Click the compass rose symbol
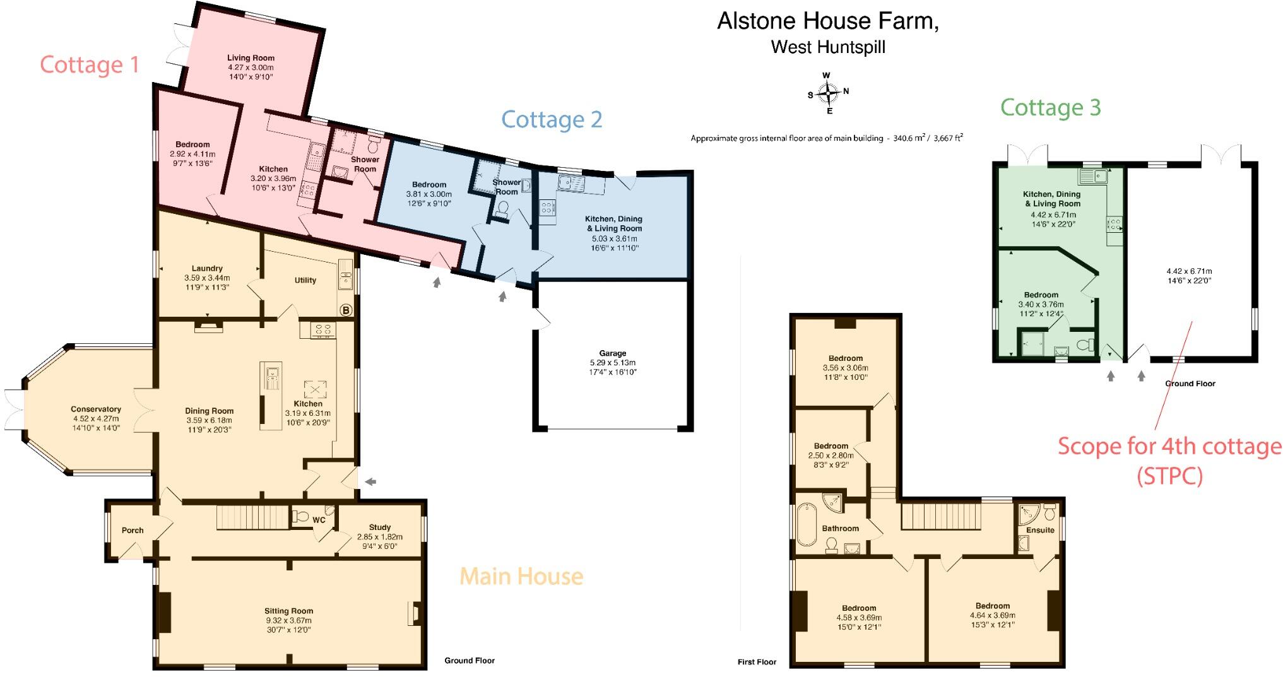827,94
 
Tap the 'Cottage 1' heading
89,65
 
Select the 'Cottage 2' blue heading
552,119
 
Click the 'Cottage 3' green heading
1050,107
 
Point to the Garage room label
612,353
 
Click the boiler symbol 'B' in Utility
345,310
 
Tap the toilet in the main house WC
300,517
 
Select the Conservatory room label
96,409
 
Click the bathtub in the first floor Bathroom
806,524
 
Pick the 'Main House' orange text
521,576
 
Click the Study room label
379,527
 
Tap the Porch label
133,530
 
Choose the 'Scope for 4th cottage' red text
1169,447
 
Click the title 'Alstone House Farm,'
827,21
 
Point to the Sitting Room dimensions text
288,625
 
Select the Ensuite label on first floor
1040,530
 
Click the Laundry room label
207,268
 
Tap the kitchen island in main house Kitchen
271,396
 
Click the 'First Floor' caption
757,662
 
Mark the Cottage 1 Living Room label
251,58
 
